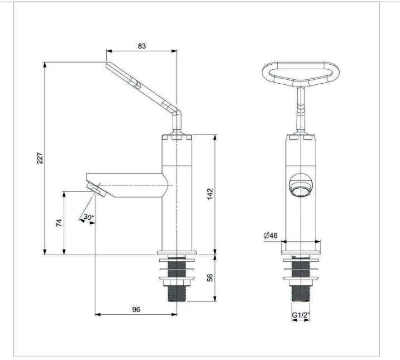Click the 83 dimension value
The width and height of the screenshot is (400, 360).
click(142, 46)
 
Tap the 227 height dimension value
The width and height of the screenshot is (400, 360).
click(40, 158)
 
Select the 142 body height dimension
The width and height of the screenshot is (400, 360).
click(209, 194)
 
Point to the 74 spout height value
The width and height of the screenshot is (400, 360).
click(59, 223)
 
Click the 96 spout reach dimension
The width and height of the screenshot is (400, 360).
click(136, 309)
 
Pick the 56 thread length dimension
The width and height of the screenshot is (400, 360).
click(209, 277)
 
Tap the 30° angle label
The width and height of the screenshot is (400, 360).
click(88, 217)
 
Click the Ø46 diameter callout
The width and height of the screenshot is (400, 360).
click(270, 236)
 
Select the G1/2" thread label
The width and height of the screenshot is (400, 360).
click(301, 315)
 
